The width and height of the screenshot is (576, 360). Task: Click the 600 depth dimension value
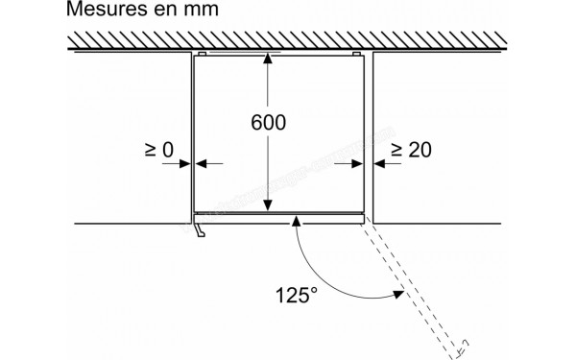269,124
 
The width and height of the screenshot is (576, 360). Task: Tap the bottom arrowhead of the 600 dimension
269,205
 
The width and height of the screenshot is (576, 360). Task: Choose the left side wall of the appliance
195,134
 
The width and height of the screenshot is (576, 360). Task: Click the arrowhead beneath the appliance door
298,222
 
